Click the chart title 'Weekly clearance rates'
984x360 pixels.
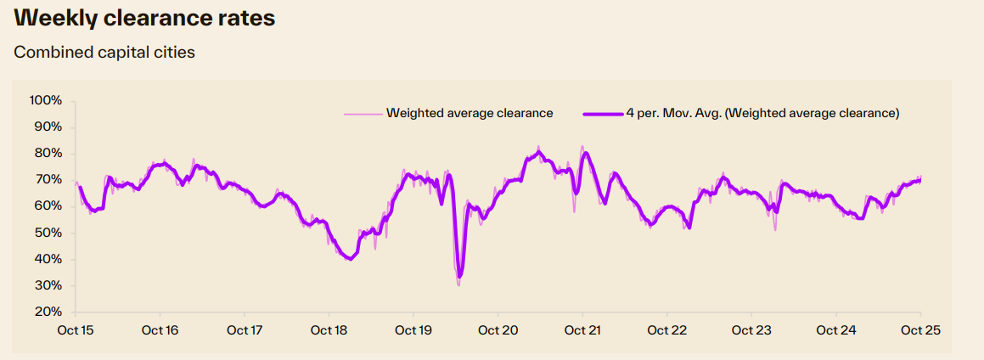pyautogui.click(x=145, y=19)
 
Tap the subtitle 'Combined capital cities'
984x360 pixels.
pyautogui.click(x=104, y=53)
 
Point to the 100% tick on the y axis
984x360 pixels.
pyautogui.click(x=46, y=100)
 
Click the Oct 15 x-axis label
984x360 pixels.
pyautogui.click(x=76, y=330)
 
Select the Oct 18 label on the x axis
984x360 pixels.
pyautogui.click(x=329, y=330)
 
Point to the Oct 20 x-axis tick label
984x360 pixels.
pyautogui.click(x=498, y=330)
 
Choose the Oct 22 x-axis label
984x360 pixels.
pyautogui.click(x=667, y=330)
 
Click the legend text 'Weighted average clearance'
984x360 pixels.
pyautogui.click(x=470, y=113)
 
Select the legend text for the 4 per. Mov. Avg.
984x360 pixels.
pyautogui.click(x=762, y=113)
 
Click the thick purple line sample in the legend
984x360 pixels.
pyautogui.click(x=602, y=113)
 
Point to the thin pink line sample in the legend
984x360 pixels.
pyautogui.click(x=363, y=113)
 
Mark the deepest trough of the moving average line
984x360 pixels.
pyautogui.click(x=459, y=276)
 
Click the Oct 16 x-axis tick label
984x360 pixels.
pyautogui.click(x=160, y=330)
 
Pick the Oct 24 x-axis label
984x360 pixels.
pyautogui.click(x=836, y=330)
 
